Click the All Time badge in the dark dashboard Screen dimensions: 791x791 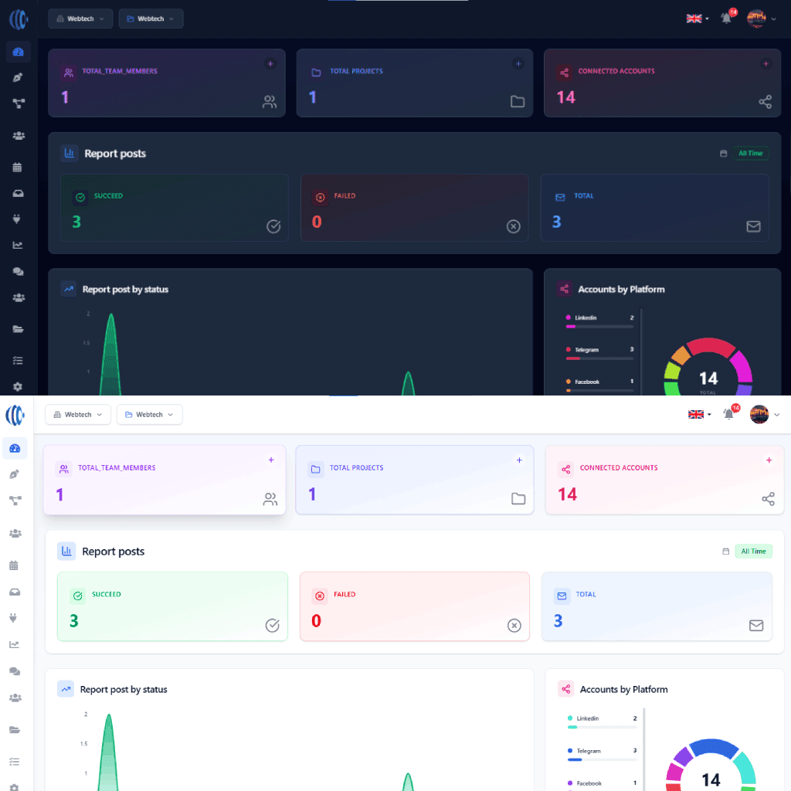[750, 153]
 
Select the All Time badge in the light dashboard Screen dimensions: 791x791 [753, 552]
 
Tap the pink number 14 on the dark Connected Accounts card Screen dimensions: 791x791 [566, 97]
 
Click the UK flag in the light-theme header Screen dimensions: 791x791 [696, 415]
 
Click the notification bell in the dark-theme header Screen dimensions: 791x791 [726, 19]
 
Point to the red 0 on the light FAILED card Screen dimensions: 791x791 [316, 621]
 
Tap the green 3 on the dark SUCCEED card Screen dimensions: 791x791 [76, 222]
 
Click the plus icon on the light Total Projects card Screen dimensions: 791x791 [519, 460]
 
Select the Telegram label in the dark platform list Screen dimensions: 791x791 [586, 350]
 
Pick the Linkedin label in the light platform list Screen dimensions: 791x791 [588, 718]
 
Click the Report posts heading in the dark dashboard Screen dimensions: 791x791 [115, 154]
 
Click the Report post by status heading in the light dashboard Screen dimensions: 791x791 [124, 689]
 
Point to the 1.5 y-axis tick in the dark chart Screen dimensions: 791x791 [87, 342]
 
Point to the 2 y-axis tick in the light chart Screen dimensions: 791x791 [86, 715]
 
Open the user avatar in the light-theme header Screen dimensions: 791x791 [759, 415]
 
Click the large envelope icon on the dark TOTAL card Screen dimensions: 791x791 [753, 226]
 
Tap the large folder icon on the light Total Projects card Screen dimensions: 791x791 [518, 499]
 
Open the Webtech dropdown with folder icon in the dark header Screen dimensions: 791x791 [151, 19]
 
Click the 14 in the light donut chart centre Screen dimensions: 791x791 [711, 779]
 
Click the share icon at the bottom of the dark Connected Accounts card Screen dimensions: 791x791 [765, 102]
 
